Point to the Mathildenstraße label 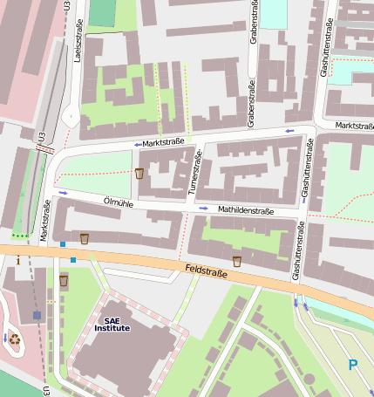coord(246,210)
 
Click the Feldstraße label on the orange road coord(207,273)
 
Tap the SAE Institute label coord(112,324)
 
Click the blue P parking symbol coord(353,365)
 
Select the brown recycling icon coord(15,339)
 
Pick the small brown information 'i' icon coord(18,260)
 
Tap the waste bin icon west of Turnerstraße coord(139,173)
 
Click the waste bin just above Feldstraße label coord(236,261)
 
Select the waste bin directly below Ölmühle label coord(85,237)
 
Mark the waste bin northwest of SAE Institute coord(64,280)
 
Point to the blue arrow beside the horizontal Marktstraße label coord(137,144)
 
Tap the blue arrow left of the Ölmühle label coord(63,193)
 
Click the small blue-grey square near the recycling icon coord(37,315)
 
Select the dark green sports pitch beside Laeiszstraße coord(102,12)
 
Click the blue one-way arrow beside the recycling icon coord(5,337)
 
